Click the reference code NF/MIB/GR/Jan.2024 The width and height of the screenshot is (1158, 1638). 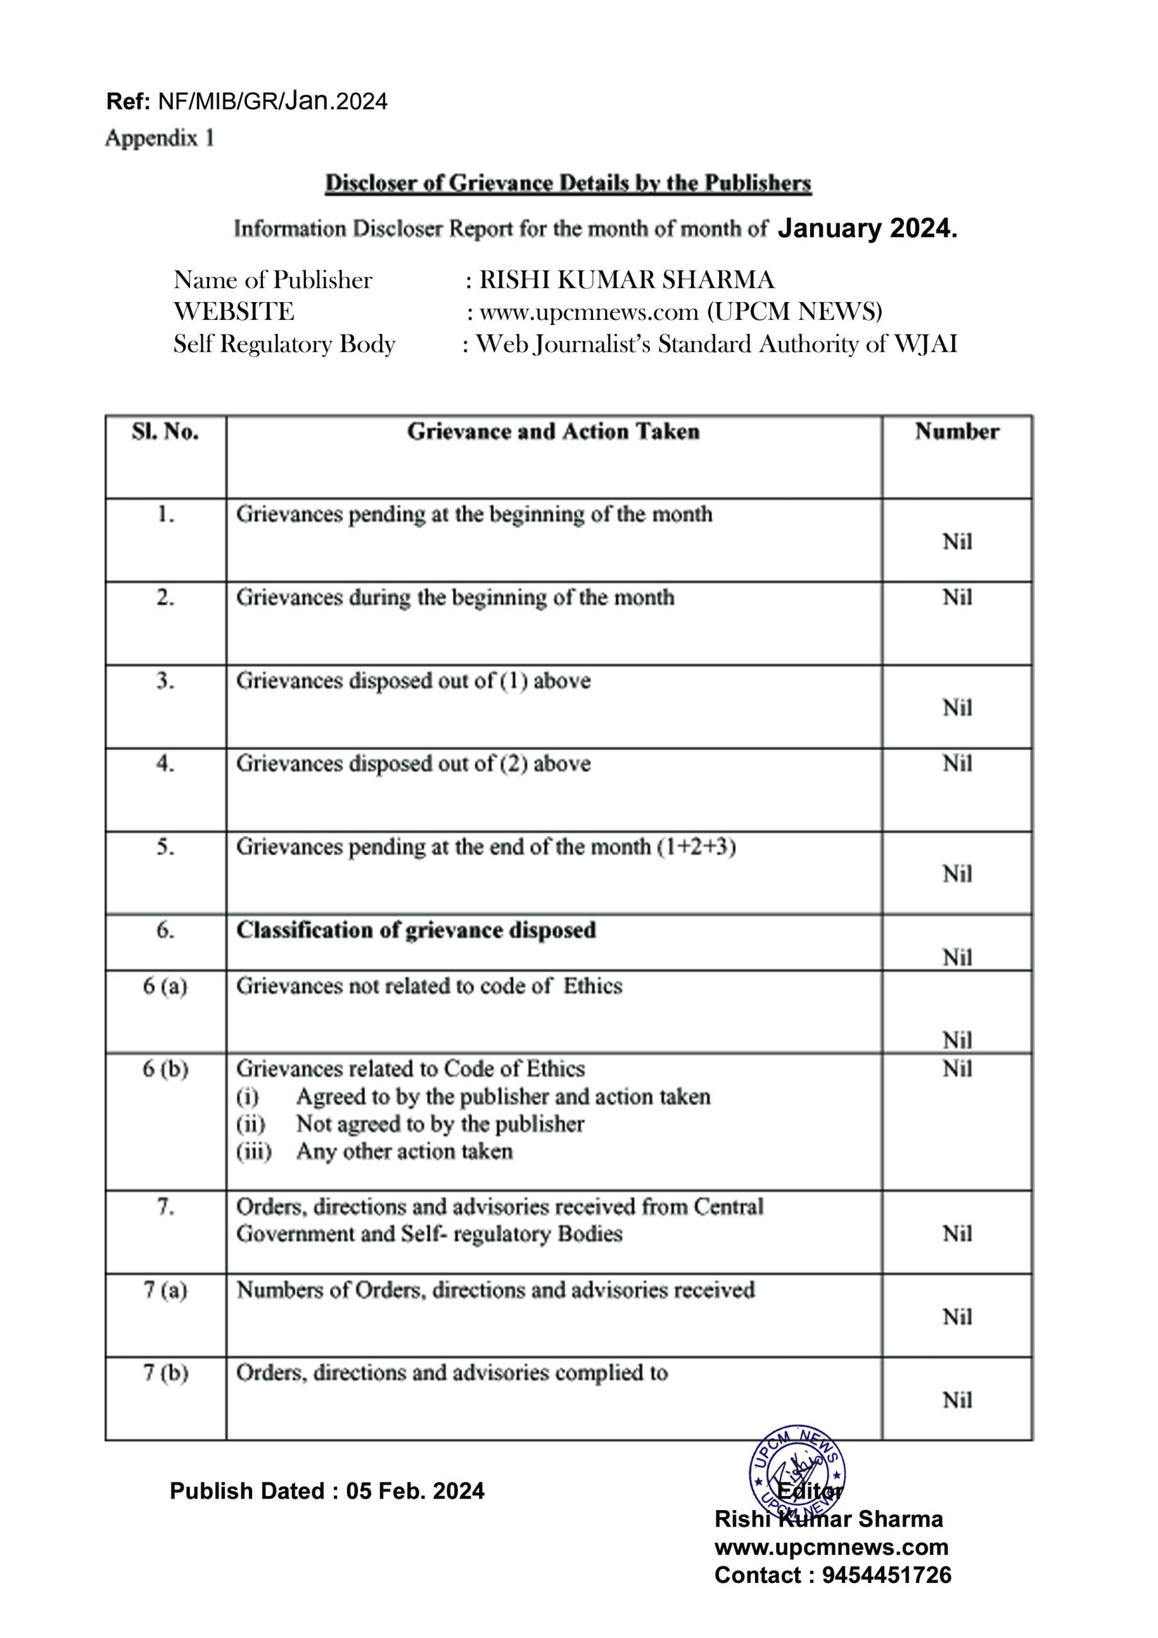click(x=272, y=101)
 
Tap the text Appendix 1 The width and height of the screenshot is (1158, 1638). click(x=160, y=138)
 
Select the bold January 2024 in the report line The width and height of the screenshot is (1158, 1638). click(x=867, y=228)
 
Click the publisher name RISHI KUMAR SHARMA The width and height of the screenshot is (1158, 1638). click(x=626, y=280)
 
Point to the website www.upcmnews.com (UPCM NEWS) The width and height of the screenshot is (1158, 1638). click(x=681, y=312)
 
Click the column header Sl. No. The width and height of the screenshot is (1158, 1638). click(x=165, y=432)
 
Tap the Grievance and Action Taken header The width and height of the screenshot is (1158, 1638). click(x=553, y=432)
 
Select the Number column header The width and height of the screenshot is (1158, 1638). click(x=957, y=432)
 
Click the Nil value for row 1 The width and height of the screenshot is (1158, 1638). click(x=957, y=541)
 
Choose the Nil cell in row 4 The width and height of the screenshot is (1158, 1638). click(x=957, y=763)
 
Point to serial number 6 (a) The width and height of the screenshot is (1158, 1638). click(x=165, y=986)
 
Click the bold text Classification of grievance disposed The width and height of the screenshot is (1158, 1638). click(x=416, y=930)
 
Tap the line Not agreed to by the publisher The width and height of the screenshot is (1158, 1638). click(x=440, y=1124)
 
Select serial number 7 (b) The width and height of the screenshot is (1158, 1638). click(x=165, y=1372)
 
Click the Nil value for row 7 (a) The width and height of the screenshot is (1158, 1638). click(x=957, y=1317)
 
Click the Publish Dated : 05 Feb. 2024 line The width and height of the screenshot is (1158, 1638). click(x=327, y=1491)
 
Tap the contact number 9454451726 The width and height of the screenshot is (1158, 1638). click(x=886, y=1575)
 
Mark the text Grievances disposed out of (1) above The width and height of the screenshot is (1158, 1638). click(x=413, y=681)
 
